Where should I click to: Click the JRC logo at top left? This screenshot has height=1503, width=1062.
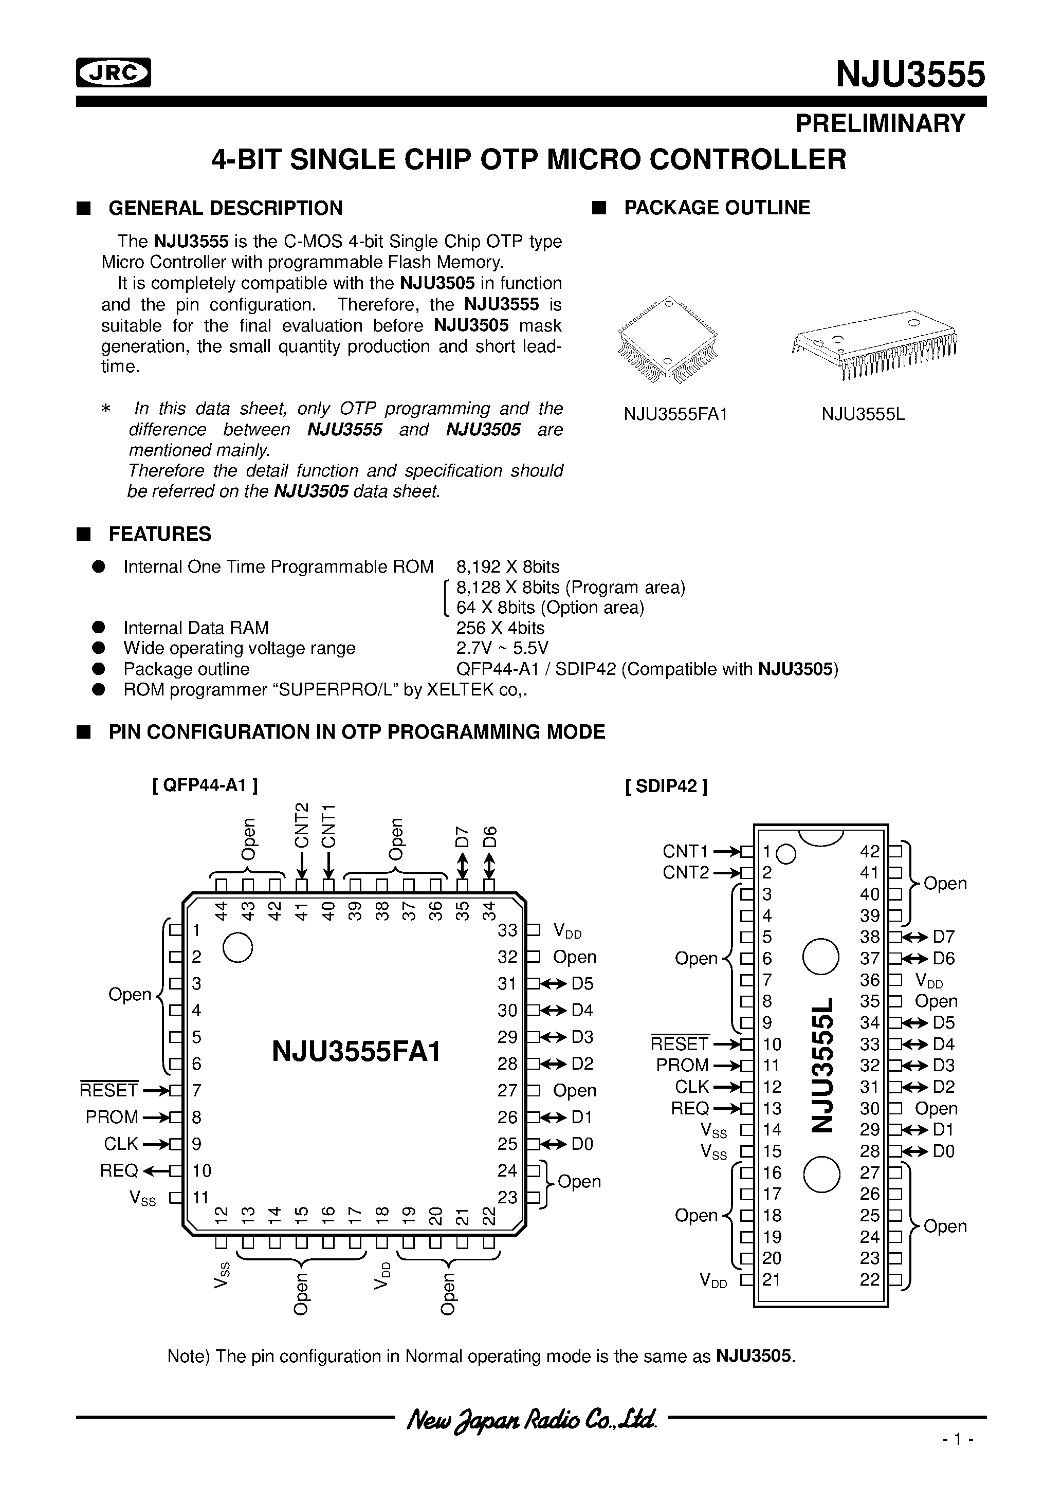[x=113, y=72]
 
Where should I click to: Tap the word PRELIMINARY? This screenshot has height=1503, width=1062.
[x=880, y=124]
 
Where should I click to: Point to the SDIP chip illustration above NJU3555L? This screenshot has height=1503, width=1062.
[x=874, y=344]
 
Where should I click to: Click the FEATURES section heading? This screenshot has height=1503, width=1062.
[x=160, y=534]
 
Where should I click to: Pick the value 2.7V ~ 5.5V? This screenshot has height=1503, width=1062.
[x=502, y=648]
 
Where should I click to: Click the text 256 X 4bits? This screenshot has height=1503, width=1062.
[x=500, y=628]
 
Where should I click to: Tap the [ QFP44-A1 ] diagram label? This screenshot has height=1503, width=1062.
[x=205, y=785]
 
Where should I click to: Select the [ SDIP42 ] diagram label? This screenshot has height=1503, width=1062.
[x=666, y=785]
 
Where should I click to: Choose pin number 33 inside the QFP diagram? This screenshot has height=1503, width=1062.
[x=507, y=930]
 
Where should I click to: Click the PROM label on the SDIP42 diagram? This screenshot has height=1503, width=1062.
[x=682, y=1065]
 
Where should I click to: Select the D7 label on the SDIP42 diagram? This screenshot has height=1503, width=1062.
[x=943, y=937]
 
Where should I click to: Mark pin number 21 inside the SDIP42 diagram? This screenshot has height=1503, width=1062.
[x=772, y=1279]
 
